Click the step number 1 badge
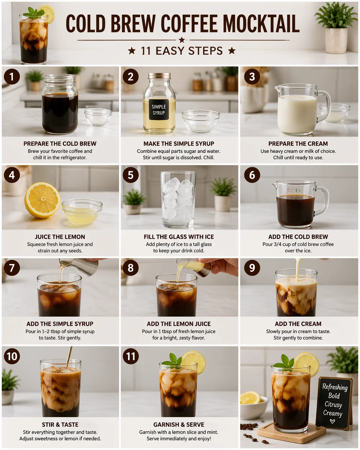pos(12,77)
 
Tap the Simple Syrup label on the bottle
pos(159,109)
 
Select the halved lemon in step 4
pos(42,200)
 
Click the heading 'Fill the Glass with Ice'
pos(179,237)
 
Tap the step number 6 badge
pos(252,175)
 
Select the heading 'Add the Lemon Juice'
pos(179,324)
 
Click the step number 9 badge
pos(252,268)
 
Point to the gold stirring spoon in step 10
pos(69,357)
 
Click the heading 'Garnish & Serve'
pos(179,424)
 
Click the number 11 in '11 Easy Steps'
pos(148,51)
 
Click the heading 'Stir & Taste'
pos(60,424)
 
